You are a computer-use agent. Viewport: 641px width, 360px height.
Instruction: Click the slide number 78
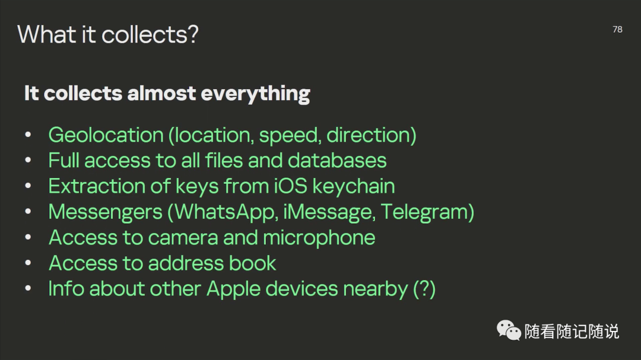[617, 30]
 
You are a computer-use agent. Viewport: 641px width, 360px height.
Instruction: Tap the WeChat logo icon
[509, 330]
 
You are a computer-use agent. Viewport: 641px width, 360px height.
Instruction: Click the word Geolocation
[106, 135]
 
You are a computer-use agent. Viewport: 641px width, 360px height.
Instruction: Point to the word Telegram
[424, 212]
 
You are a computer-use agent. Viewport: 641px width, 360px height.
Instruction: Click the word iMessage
[328, 212]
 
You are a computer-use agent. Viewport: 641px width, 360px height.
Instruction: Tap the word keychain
[354, 186]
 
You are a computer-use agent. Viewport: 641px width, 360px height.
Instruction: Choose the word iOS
[290, 186]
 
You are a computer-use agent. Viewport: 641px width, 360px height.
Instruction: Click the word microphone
[319, 238]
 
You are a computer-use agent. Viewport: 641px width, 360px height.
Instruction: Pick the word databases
[337, 161]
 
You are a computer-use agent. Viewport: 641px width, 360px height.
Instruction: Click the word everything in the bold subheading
[255, 94]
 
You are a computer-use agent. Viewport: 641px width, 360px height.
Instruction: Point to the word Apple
[233, 289]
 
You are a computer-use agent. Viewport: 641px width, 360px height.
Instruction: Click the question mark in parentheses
[424, 288]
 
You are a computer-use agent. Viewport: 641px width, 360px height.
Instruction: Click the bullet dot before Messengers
[28, 211]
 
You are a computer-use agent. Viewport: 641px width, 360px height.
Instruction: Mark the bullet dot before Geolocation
[28, 135]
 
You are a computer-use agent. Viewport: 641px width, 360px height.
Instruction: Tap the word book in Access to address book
[252, 263]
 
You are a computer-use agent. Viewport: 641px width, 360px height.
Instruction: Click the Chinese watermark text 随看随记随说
[572, 331]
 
